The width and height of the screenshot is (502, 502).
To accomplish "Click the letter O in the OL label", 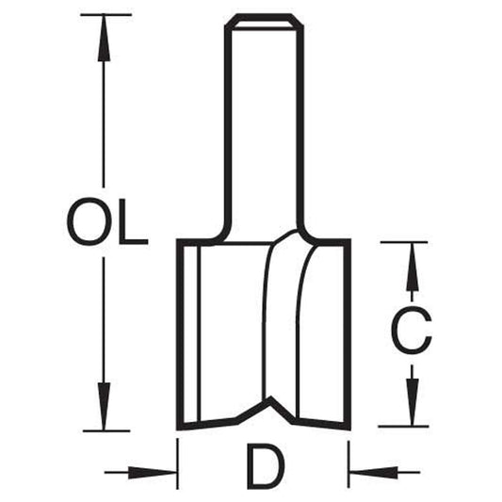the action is tap(89, 221).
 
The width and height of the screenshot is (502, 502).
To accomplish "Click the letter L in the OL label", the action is tap(134, 221).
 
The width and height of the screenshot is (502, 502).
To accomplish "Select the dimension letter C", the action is tap(412, 331).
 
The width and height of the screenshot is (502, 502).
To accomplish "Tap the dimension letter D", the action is tap(267, 466).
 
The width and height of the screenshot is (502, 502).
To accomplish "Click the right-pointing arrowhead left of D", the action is tap(153, 472).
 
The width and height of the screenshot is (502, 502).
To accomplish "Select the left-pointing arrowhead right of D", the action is tap(373, 472).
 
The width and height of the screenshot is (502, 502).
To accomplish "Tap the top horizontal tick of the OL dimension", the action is tap(106, 15).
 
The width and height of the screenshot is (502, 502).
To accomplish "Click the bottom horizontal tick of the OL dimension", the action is tap(106, 431).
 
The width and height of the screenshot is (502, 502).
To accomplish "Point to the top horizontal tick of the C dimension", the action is tap(404, 242).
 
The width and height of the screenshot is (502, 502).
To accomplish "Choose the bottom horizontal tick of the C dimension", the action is tap(403, 427).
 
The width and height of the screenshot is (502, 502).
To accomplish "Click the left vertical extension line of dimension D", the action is tap(177, 463).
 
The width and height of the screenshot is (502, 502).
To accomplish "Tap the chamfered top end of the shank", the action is tap(264, 22).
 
